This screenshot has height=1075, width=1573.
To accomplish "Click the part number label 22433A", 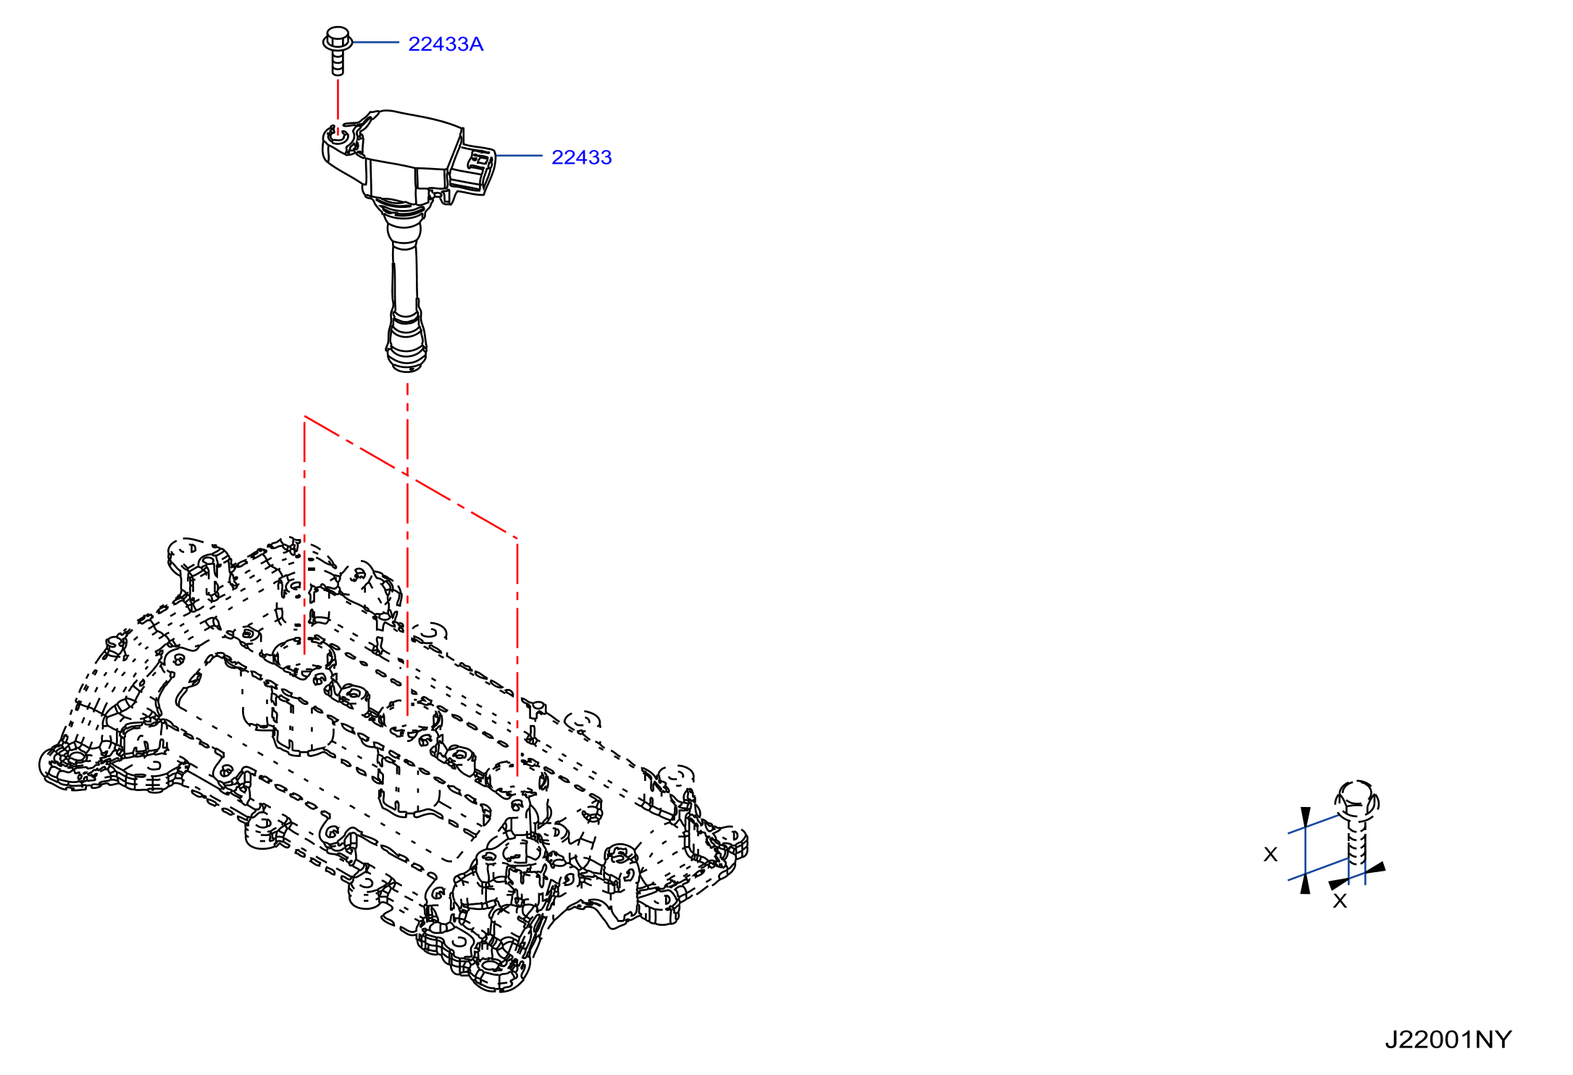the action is click(446, 44).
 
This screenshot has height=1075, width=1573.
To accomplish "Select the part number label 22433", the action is click(582, 157).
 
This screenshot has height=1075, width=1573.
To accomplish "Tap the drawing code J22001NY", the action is click(1448, 1040).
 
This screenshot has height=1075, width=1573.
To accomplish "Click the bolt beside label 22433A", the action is click(338, 50).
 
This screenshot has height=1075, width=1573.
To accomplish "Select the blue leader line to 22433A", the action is click(375, 43).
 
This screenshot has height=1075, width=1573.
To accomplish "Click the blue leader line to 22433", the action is click(519, 156).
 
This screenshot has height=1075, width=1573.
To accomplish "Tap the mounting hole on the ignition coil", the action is click(338, 135).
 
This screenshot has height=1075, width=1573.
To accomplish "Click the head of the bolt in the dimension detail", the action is click(1357, 800).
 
